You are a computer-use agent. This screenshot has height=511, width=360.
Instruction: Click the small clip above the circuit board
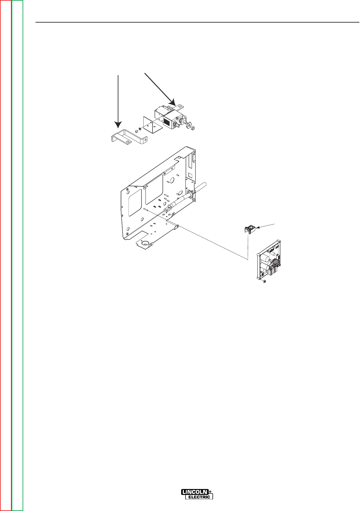click(x=249, y=229)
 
